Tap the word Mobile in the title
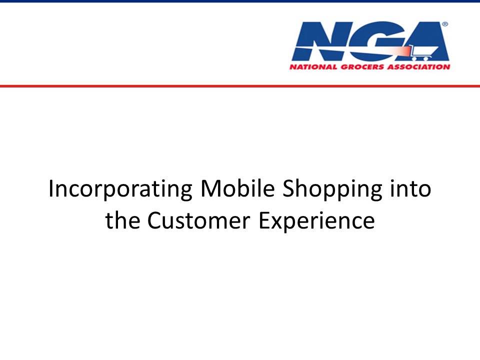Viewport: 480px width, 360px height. tap(237, 188)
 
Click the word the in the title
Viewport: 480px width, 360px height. tap(122, 220)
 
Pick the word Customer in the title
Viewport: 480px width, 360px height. tap(199, 220)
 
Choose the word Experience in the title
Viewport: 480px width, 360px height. tap(317, 221)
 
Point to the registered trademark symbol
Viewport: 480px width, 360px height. tap(445, 24)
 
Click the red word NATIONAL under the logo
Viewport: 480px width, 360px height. tap(313, 67)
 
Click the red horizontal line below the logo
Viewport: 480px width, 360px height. tap(240, 86)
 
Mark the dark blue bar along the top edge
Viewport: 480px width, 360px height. tap(240, 1)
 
